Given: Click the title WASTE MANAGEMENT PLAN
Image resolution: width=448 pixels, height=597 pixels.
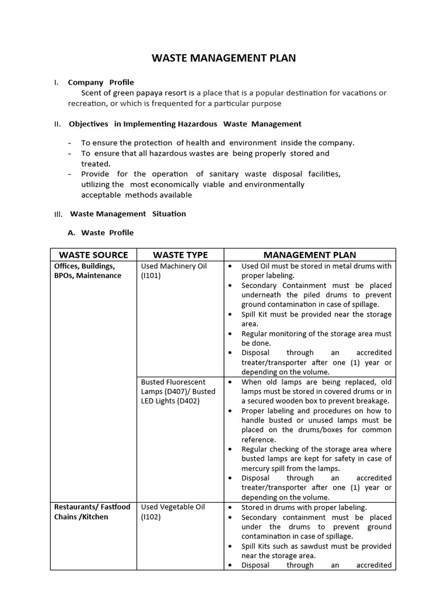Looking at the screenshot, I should pos(224,58).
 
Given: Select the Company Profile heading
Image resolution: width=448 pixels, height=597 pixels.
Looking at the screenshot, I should pos(101,82).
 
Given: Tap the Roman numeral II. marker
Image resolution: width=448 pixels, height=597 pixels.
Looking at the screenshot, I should pos(57,124).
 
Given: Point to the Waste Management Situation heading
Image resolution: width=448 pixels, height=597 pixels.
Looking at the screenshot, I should pos(128,213).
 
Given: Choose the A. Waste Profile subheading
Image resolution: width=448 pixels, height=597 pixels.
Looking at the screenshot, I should pos(101,233).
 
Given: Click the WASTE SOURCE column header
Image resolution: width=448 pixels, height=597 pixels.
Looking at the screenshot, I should pos(93,255).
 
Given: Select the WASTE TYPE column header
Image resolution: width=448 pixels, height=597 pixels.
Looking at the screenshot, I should pos(180,255).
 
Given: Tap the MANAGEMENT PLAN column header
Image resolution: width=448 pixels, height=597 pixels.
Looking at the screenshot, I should pos(310,255).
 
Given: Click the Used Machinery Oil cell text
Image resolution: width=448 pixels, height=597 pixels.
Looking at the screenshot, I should pos(174,266).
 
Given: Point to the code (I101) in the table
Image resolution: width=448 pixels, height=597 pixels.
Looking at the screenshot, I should pos(150,276).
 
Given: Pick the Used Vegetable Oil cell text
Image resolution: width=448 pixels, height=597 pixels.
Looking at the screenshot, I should pos(172,507).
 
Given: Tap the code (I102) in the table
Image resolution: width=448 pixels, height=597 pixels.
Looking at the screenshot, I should pos(150,517).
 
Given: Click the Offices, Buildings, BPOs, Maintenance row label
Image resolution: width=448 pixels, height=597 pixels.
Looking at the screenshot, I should pos(87,271).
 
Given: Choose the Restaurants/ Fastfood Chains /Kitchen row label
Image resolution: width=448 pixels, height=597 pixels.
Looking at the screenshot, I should pos(92,512).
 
